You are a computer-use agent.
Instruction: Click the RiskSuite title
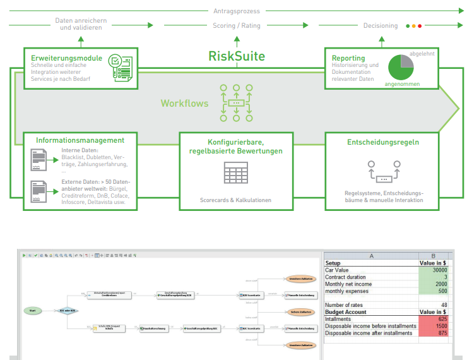coord(237,56)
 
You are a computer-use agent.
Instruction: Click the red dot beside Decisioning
coord(420,26)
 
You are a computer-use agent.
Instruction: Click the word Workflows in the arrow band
coord(184,103)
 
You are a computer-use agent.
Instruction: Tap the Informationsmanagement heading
coord(80,140)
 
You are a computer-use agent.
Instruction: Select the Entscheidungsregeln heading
coord(383,142)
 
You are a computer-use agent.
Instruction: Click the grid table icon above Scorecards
coord(235,174)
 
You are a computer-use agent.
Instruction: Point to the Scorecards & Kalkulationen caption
coord(235,200)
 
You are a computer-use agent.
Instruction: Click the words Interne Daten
coord(79,150)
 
